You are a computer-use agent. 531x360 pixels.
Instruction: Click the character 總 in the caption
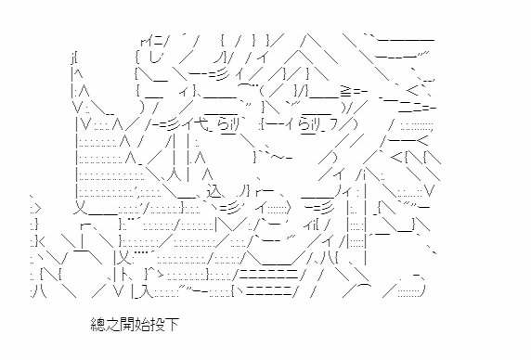tap(97, 325)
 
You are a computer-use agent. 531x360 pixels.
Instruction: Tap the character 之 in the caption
tap(112, 325)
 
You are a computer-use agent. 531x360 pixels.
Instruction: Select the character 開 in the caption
tap(127, 325)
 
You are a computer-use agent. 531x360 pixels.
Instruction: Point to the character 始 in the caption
tap(141, 325)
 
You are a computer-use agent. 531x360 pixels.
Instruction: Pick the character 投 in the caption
tap(157, 325)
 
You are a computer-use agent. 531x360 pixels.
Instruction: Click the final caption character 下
tap(172, 325)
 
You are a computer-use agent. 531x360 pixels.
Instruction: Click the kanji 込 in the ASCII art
tap(214, 191)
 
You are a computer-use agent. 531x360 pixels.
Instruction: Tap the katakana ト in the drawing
tap(125, 275)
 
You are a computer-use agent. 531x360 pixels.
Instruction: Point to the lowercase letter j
tap(72, 58)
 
